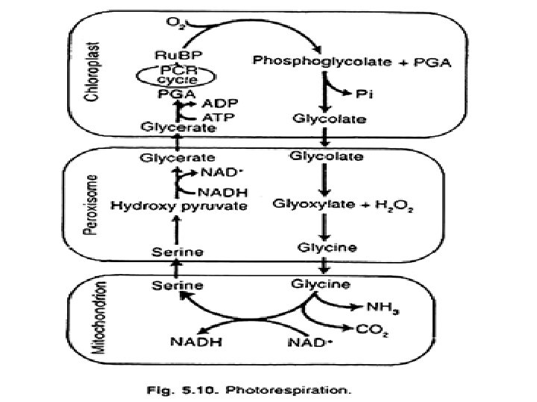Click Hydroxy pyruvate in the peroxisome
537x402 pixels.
pos(179,205)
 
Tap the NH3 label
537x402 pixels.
pos(379,306)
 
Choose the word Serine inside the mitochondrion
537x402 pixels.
pos(173,284)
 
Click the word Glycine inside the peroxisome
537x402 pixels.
pos(326,247)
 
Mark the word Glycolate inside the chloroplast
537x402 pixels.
pos(326,118)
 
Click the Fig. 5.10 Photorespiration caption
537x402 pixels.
pos(277,388)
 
